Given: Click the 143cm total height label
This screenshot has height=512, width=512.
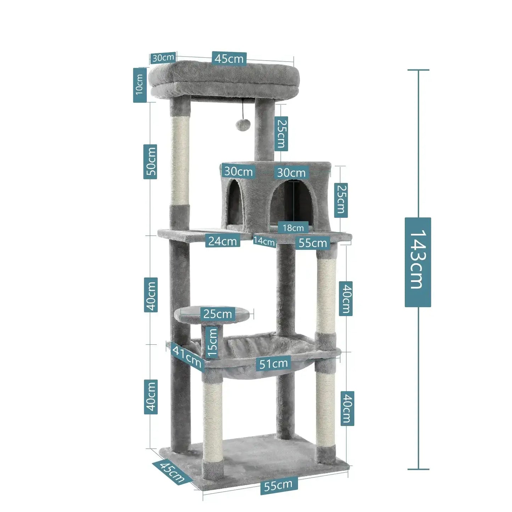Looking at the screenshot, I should [x=418, y=262].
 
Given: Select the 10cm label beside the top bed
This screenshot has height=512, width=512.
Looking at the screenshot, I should [x=140, y=85].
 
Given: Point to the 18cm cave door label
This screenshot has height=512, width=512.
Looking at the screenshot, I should [x=293, y=228].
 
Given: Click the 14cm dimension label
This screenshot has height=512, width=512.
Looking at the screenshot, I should [x=264, y=241].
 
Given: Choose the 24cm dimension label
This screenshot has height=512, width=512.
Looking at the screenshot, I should [x=223, y=241].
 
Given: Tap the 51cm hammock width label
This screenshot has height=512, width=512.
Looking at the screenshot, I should [x=273, y=364].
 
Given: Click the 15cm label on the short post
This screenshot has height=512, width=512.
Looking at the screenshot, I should [x=212, y=342].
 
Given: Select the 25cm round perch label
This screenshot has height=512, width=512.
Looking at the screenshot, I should [x=218, y=314].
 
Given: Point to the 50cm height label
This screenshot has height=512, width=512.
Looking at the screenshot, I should [x=151, y=161].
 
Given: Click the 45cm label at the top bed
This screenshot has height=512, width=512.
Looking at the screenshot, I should [x=229, y=58].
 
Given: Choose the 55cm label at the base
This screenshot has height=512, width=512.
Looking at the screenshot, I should [x=278, y=485].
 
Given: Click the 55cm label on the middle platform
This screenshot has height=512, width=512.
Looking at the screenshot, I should [x=313, y=243].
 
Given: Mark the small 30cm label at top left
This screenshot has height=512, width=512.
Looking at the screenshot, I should [x=163, y=57].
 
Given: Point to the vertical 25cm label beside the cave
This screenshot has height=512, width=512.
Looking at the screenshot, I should [x=341, y=200].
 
